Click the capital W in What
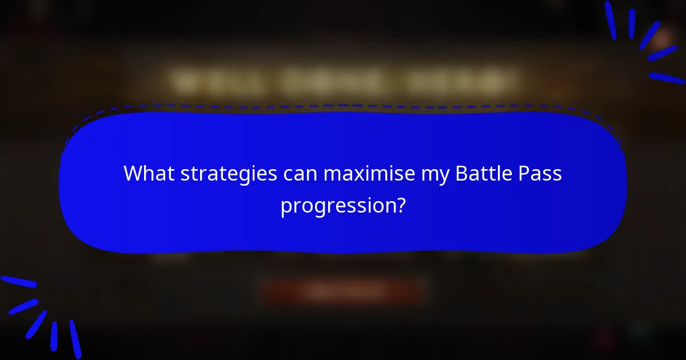tap(133, 174)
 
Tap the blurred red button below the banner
tap(343, 292)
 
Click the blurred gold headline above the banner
tap(343, 82)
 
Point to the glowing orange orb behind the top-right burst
tap(663, 39)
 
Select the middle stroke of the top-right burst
tap(649, 35)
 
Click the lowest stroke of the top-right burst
tap(666, 78)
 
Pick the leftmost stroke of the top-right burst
tap(611, 20)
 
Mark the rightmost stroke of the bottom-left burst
tap(75, 339)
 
